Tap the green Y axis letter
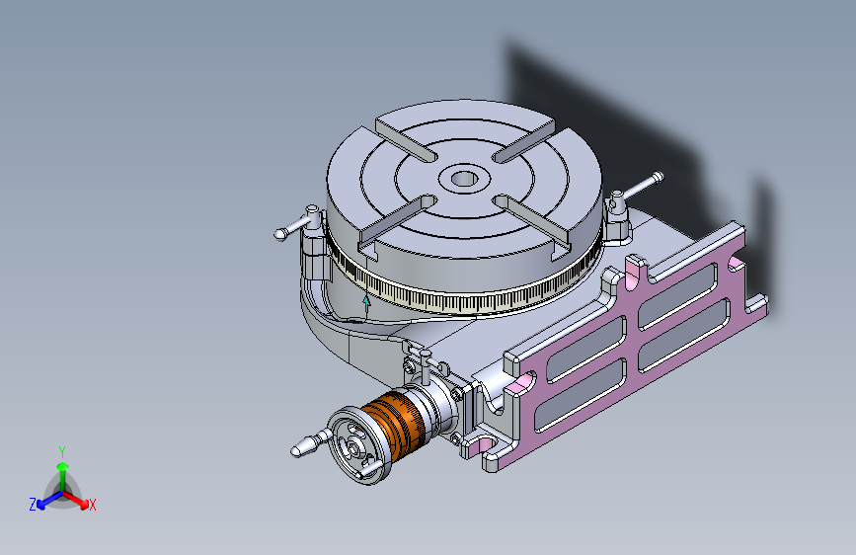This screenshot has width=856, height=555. (x=61, y=450)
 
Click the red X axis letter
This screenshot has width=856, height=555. (x=93, y=505)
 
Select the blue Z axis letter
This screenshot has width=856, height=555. (x=32, y=505)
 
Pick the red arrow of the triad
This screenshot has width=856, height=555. (x=79, y=498)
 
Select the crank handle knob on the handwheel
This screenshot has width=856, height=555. (x=306, y=446)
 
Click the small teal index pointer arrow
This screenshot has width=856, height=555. (x=367, y=301)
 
